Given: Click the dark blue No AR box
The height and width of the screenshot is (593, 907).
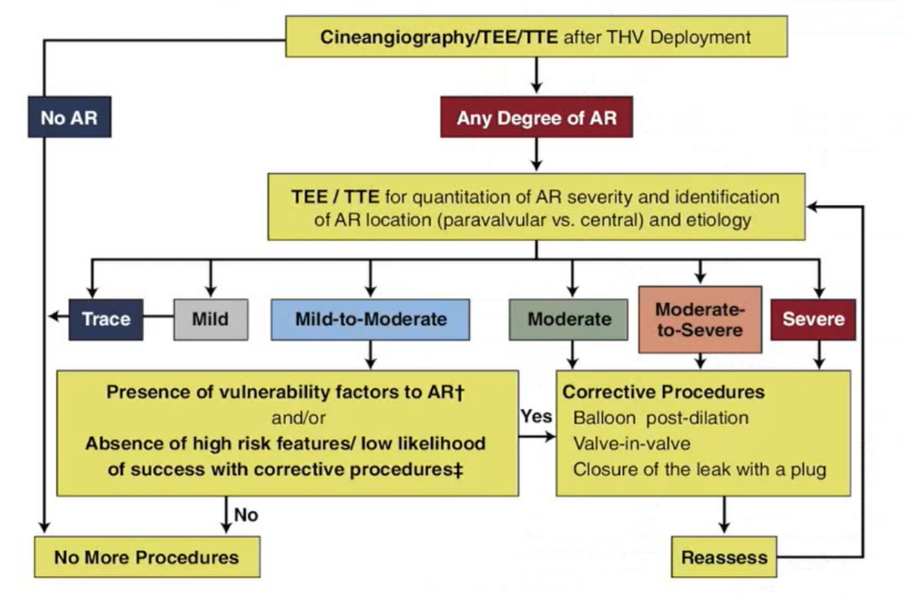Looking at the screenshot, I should (x=70, y=117).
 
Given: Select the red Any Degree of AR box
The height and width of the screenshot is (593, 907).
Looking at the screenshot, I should (x=536, y=117).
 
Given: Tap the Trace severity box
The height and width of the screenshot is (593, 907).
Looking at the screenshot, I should (x=106, y=319).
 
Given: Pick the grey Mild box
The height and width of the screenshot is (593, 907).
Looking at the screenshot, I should (x=210, y=319).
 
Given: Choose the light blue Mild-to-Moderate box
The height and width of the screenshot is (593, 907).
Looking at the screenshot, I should (x=370, y=319).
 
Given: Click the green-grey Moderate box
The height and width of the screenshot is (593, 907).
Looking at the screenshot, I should (x=569, y=319).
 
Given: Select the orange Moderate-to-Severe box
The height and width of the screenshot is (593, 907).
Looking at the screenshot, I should (x=700, y=319).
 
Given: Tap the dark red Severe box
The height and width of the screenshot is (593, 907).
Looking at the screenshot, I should (x=813, y=319).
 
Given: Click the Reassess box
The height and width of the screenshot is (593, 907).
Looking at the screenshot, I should (x=714, y=557).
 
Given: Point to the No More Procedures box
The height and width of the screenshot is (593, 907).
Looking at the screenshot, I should (x=147, y=557).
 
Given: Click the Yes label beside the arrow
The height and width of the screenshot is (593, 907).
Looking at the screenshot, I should (x=536, y=417).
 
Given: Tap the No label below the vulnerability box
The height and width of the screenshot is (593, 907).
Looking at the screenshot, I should (x=246, y=514).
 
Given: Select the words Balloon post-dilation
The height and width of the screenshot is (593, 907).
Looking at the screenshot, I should (x=661, y=417).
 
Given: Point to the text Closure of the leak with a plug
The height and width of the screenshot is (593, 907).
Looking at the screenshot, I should (x=700, y=469).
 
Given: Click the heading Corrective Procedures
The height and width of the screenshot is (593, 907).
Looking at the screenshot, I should (x=664, y=392).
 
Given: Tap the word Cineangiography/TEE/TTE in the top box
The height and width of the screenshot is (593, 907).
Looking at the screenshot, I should (x=439, y=37).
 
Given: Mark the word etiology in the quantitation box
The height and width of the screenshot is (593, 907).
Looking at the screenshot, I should (x=724, y=220).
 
